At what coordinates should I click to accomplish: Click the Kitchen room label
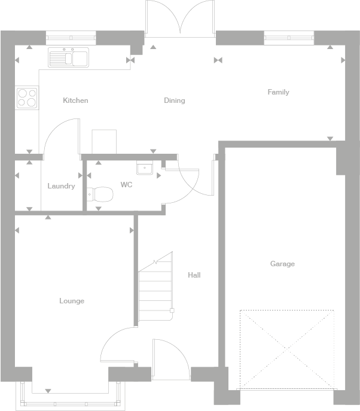click(75, 101)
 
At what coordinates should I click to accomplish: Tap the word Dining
click(175, 101)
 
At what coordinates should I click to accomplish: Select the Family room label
click(278, 92)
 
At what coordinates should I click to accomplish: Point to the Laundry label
click(61, 186)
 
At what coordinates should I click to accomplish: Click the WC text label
click(126, 185)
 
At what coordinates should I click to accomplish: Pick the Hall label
click(194, 275)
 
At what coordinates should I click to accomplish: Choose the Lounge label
click(72, 301)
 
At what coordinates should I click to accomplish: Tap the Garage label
click(282, 264)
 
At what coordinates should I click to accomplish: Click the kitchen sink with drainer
click(69, 57)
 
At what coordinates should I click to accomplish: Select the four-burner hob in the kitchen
click(27, 97)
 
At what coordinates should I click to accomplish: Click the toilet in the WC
click(100, 194)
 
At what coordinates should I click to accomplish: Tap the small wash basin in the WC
click(144, 168)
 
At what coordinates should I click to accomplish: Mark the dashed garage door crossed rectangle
click(286, 349)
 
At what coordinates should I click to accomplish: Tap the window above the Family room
click(289, 38)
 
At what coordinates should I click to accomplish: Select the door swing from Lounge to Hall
click(118, 345)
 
